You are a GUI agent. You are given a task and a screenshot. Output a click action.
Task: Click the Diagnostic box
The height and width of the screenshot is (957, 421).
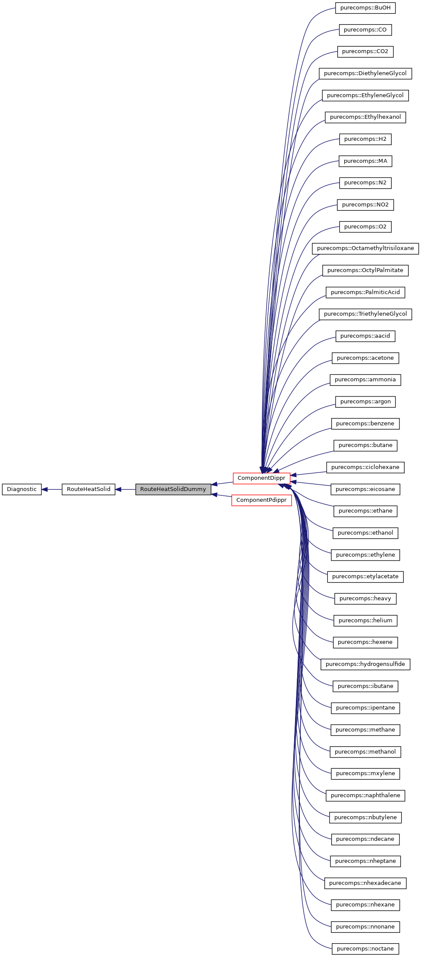pyautogui.click(x=22, y=489)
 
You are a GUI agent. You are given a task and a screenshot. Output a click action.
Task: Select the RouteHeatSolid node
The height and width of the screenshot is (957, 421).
pyautogui.click(x=88, y=489)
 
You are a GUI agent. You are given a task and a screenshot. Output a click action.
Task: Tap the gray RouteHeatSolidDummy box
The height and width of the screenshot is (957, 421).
pyautogui.click(x=173, y=489)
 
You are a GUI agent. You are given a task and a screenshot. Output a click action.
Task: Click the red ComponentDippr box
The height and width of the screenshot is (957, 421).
pyautogui.click(x=261, y=478)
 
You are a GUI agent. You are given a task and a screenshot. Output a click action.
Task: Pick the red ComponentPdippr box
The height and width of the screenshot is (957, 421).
pyautogui.click(x=261, y=500)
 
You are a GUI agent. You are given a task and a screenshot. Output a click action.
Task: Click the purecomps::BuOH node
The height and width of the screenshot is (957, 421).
pyautogui.click(x=365, y=8)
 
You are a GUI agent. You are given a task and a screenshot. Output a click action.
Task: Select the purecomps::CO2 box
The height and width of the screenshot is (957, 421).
pyautogui.click(x=365, y=51)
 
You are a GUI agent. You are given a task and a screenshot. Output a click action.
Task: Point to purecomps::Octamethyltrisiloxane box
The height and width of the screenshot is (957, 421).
pyautogui.click(x=365, y=248)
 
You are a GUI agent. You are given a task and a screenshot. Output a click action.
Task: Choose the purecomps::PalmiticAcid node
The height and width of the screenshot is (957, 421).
pyautogui.click(x=365, y=292)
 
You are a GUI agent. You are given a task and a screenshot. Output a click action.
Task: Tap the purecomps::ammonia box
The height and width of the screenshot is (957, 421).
pyautogui.click(x=365, y=380)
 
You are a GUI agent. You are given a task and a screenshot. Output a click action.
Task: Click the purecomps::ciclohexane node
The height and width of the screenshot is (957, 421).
pyautogui.click(x=365, y=467)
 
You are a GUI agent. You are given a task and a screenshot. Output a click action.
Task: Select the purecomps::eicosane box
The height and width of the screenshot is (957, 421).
pyautogui.click(x=365, y=489)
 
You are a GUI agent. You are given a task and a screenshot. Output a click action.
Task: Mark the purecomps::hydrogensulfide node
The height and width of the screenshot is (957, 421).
pyautogui.click(x=365, y=664)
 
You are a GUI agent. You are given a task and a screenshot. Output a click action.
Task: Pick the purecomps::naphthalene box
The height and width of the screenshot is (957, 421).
pyautogui.click(x=365, y=795)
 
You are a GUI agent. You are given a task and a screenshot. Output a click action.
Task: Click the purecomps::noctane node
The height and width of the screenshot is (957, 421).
pyautogui.click(x=365, y=949)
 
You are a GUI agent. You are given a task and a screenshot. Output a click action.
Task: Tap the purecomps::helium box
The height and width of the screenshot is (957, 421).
pyautogui.click(x=365, y=621)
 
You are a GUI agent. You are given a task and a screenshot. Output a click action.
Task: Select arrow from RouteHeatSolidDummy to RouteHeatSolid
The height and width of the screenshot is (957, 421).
pyautogui.click(x=125, y=489)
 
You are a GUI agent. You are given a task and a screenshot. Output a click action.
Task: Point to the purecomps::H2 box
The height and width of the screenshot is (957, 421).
pyautogui.click(x=365, y=139)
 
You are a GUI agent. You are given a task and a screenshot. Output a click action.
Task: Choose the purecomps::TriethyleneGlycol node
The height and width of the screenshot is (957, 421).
pyautogui.click(x=365, y=314)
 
